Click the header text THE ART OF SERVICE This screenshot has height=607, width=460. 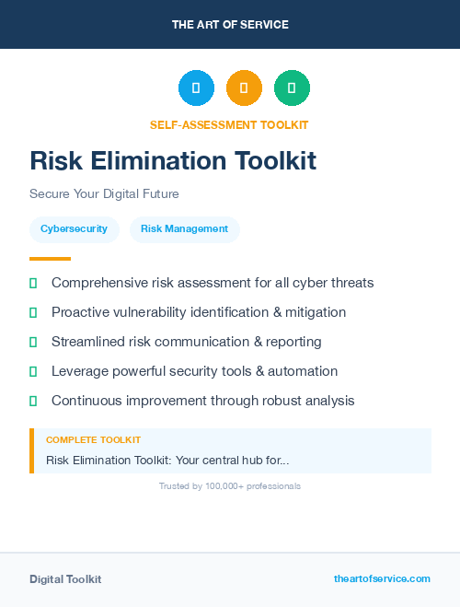click(230, 25)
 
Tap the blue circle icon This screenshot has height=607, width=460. click(196, 88)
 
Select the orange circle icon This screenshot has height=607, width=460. click(244, 88)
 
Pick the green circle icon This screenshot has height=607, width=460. click(292, 88)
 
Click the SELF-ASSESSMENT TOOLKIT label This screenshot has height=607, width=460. click(229, 125)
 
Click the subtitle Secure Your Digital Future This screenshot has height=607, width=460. click(104, 194)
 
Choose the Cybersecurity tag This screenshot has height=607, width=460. click(74, 229)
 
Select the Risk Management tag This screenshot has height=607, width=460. click(184, 229)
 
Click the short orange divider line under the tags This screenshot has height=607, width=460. click(50, 259)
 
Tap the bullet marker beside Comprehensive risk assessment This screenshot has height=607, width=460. click(33, 283)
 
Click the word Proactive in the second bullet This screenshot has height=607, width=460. click(81, 312)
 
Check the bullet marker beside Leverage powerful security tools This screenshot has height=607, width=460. click(33, 371)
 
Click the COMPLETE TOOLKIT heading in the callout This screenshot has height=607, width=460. click(93, 440)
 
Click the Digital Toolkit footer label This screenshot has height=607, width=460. click(65, 579)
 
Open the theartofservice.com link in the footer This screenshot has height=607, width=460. click(382, 578)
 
